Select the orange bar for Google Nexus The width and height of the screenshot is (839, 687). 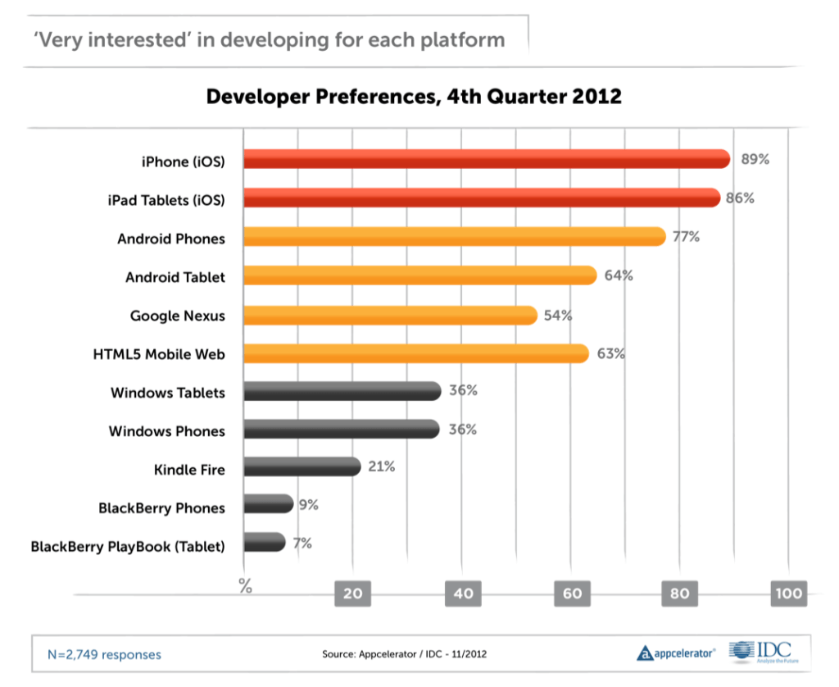[x=390, y=315]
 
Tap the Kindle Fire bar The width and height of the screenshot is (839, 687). [x=302, y=466]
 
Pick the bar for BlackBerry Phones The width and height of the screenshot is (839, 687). [x=269, y=503]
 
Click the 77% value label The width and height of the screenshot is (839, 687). [x=686, y=237]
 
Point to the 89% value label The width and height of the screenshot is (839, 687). [x=755, y=159]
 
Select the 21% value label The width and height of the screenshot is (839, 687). [x=382, y=466]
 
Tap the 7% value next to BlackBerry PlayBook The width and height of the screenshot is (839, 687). [x=302, y=542]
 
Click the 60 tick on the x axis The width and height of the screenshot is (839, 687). [x=571, y=594]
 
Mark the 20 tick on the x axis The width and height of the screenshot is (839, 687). [x=352, y=594]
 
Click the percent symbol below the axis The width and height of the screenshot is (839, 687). [x=245, y=585]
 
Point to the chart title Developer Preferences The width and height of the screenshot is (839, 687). [x=414, y=97]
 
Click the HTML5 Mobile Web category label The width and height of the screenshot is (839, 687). [x=159, y=354]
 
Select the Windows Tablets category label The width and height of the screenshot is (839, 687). [x=167, y=393]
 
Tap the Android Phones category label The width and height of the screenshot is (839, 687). [x=170, y=239]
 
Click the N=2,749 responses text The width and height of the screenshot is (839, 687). [x=105, y=654]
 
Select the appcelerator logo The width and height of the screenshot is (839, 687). [x=676, y=653]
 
